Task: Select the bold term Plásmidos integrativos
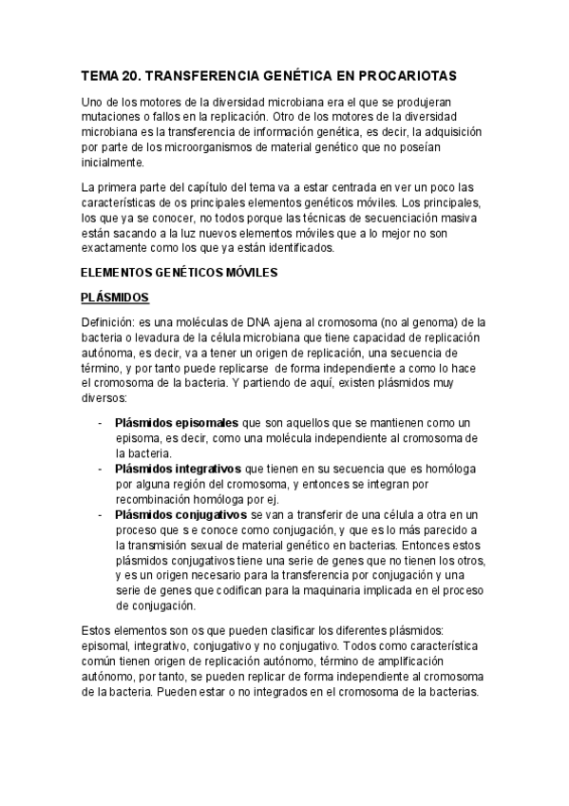coord(179,469)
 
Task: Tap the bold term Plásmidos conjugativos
coord(182,514)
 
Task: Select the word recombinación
coord(159,499)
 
